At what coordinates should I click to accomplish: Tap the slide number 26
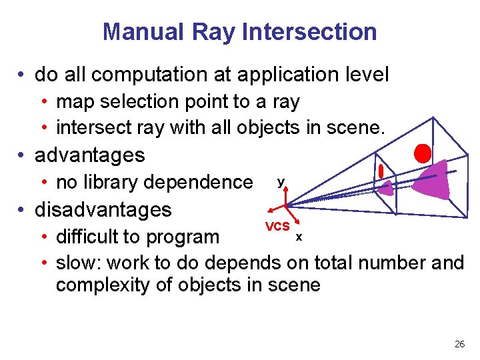click(x=459, y=344)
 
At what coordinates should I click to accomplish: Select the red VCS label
click(x=277, y=226)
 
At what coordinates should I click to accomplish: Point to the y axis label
click(x=281, y=181)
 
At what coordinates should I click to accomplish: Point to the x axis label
click(x=299, y=237)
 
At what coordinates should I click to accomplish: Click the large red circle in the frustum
click(x=422, y=153)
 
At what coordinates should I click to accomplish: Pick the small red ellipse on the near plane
click(x=381, y=171)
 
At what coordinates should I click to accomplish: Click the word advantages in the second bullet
click(x=89, y=155)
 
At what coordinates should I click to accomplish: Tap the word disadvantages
click(x=103, y=209)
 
